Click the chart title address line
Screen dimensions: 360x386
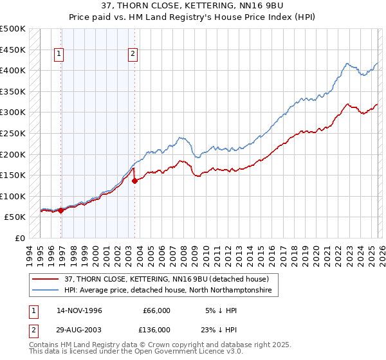click(x=192, y=6)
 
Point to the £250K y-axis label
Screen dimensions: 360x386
click(x=13, y=133)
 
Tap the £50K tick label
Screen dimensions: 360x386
click(x=15, y=217)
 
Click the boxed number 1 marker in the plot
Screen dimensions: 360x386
click(x=59, y=55)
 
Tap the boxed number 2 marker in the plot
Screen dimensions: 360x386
click(x=133, y=55)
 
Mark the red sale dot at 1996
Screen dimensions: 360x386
click(x=61, y=210)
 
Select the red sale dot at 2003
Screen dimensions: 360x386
click(x=134, y=181)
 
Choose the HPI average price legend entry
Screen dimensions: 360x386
click(x=167, y=291)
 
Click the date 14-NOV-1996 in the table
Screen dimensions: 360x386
click(x=79, y=310)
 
